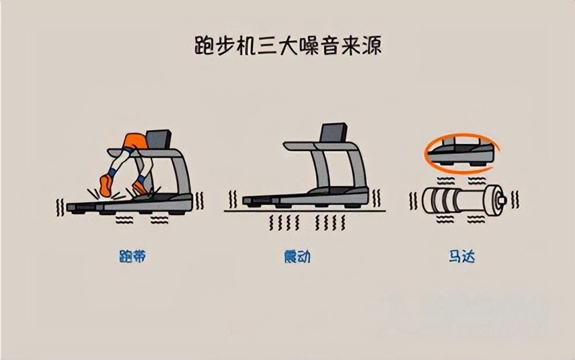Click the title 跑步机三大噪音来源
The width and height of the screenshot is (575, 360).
coord(287,46)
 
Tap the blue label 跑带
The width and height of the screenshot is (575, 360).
coord(132,257)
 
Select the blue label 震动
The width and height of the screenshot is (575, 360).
coord(297,257)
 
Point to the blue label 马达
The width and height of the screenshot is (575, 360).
coord(462,257)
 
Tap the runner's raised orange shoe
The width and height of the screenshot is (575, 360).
coord(106,186)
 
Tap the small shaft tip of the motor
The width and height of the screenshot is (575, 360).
coord(502,200)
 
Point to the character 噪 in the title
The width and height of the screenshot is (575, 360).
coord(314,46)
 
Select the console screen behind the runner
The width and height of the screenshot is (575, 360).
coord(158,139)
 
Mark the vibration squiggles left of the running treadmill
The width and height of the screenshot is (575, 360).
coord(60,206)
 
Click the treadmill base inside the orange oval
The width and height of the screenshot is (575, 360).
coord(459,155)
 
